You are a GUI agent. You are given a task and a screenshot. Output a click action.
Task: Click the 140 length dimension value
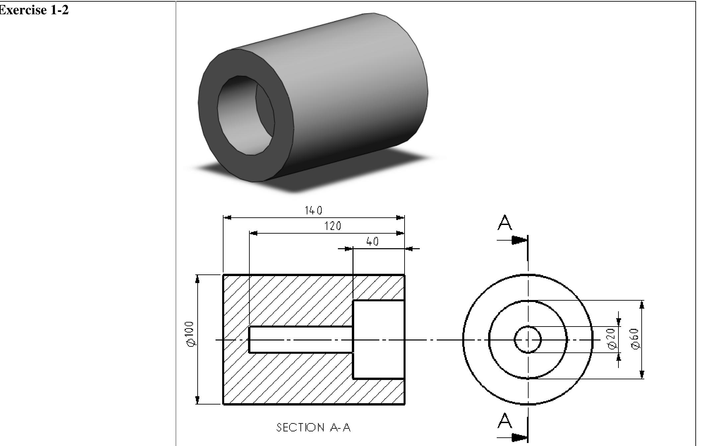pyautogui.click(x=313, y=210)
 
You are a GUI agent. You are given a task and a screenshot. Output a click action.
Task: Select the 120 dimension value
pyautogui.click(x=333, y=226)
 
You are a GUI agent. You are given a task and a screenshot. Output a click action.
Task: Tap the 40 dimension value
pyautogui.click(x=372, y=241)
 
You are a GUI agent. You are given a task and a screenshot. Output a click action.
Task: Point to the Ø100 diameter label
pyautogui.click(x=190, y=334)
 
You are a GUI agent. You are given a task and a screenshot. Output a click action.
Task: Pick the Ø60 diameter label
pyautogui.click(x=635, y=339)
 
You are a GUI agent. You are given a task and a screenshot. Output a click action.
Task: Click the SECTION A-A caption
pyautogui.click(x=313, y=427)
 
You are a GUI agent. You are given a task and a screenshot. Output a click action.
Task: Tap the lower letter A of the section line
pyautogui.click(x=505, y=420)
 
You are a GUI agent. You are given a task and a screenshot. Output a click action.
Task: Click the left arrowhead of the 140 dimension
pyautogui.click(x=228, y=218)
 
